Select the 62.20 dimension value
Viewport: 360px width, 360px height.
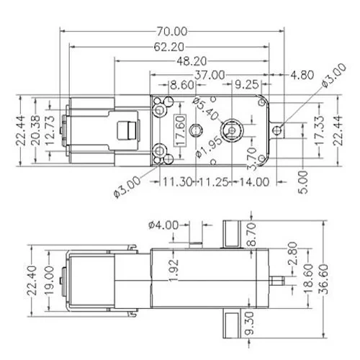pyautogui.click(x=167, y=47)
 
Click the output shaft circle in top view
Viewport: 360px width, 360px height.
pyautogui.click(x=231, y=130)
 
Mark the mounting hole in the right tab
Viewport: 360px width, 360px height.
pyautogui.click(x=282, y=130)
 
